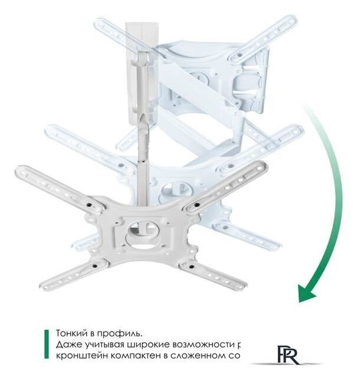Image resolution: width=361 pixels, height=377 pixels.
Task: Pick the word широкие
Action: point(152,344)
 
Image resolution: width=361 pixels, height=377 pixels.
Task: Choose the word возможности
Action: point(207,344)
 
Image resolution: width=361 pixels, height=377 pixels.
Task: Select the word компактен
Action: point(137,356)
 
